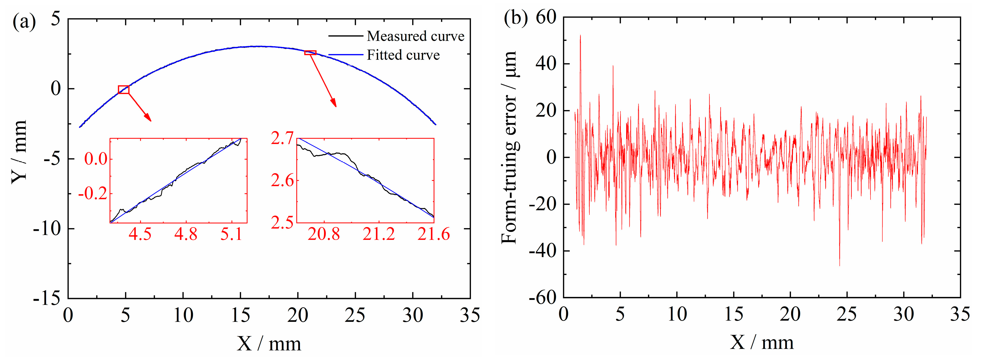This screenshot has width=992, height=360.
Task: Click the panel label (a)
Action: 24,22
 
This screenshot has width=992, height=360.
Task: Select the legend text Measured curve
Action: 415,36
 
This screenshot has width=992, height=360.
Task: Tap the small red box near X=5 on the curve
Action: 124,90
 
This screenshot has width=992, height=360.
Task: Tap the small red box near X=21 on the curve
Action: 310,52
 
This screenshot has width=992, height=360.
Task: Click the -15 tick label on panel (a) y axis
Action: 47,299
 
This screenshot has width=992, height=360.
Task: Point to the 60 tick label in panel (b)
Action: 546,18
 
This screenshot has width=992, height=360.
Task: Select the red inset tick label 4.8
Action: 186,234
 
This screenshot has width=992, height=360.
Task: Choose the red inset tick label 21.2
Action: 379,234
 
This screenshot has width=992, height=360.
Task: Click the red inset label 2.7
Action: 282,139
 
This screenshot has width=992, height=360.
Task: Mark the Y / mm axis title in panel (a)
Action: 19,152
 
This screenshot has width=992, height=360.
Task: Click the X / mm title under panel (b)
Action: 761,342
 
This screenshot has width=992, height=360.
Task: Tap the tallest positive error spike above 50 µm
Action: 580,36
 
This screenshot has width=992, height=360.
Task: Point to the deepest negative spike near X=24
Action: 840,265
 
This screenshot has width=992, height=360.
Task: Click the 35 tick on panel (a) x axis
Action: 470,316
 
